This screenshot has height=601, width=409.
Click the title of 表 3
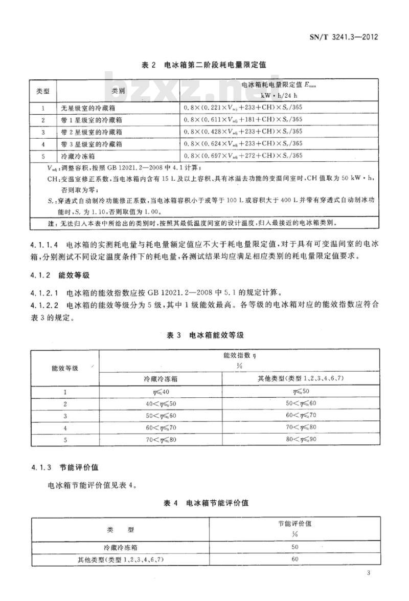[205, 335]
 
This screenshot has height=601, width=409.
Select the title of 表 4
[205, 503]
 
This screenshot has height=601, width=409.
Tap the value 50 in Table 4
[295, 547]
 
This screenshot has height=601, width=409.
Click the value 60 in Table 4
[295, 559]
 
